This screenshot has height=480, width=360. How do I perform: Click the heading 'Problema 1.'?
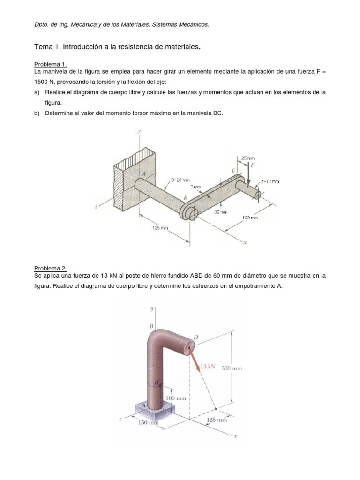pos(50,64)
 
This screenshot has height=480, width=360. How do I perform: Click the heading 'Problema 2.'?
pos(50,269)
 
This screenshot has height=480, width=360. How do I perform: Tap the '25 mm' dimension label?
pos(248,158)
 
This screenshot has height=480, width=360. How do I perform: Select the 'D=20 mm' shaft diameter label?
pos(180,180)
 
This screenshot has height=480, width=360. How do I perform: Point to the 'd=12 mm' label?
pos(270,181)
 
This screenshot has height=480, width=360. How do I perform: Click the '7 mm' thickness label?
pos(195,187)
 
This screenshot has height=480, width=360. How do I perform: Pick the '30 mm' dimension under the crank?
pos(221,212)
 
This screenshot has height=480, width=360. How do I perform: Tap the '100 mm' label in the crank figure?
pos(250,217)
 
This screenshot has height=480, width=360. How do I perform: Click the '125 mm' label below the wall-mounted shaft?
pos(160,228)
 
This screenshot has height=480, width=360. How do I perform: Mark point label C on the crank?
pos(234,171)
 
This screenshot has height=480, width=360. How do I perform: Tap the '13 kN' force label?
pos(208,367)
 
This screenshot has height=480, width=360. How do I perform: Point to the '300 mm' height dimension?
pos(232,368)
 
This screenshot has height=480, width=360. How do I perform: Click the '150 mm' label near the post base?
pos(149,422)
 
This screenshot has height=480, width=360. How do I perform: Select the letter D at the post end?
pos(196,337)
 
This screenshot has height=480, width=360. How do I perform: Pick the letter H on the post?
pos(157,382)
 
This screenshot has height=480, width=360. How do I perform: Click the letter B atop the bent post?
pos(151,326)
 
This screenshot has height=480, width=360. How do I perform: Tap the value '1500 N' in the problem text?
pos(44,82)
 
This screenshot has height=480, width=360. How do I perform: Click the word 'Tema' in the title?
pos(44,47)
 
